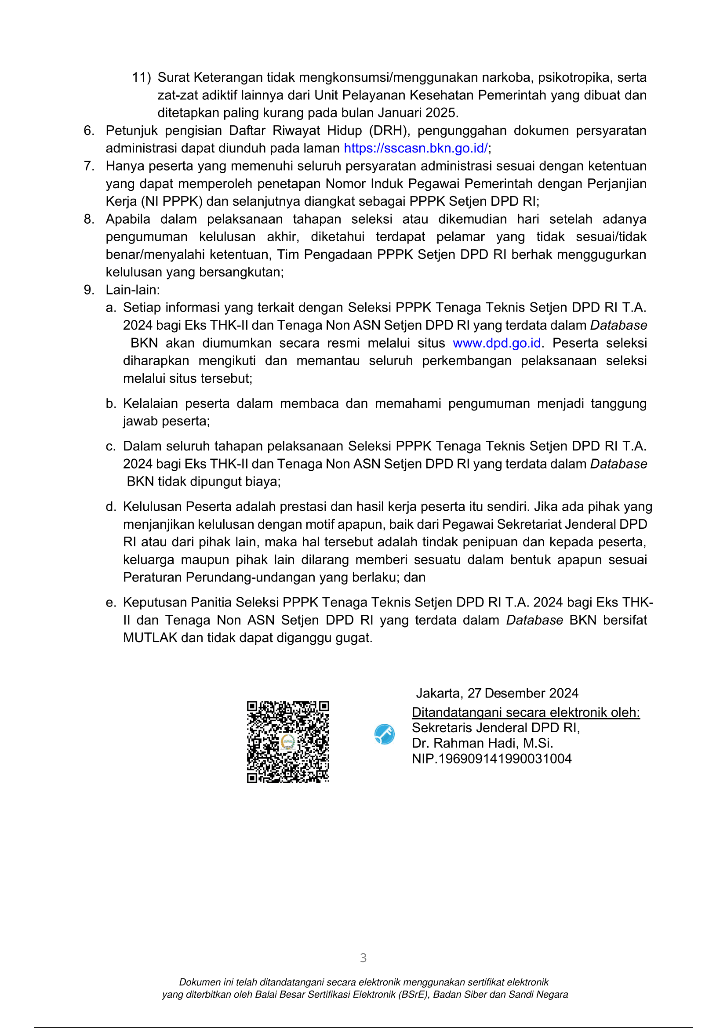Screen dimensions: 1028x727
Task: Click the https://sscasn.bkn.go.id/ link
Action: tap(415, 148)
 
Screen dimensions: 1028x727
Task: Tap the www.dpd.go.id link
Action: tap(497, 343)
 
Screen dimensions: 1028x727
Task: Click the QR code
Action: tap(288, 742)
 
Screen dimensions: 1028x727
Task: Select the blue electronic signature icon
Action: tap(384, 734)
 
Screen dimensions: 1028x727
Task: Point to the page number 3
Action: tap(363, 958)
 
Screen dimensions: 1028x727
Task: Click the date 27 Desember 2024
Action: tap(523, 694)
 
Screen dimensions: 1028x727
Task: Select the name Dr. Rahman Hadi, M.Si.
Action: tap(482, 743)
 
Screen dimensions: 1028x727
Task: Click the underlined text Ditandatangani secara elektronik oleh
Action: tap(526, 712)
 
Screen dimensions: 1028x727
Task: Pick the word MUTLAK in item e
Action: tap(150, 638)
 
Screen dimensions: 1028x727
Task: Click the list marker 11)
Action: tap(141, 77)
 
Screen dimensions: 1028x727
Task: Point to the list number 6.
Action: tap(89, 131)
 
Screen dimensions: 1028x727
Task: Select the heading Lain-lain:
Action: tap(132, 290)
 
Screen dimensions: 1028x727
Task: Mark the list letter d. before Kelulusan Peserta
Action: tap(111, 507)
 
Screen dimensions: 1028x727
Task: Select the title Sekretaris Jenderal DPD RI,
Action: tap(495, 728)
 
